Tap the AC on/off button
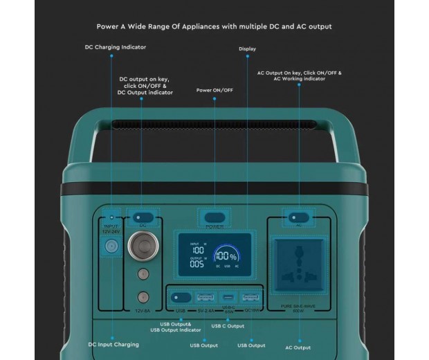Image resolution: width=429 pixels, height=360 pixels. click(299, 217)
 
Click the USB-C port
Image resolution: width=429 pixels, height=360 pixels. click(228, 298)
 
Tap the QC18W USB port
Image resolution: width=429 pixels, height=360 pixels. click(250, 298)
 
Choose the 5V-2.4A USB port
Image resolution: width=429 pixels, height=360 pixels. click(206, 298)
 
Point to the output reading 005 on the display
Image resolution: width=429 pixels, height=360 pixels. click(197, 264)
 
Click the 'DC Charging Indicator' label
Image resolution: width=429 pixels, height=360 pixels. click(116, 47)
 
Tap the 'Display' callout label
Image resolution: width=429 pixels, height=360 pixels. click(247, 49)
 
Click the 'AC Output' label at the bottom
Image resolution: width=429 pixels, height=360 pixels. click(298, 347)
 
